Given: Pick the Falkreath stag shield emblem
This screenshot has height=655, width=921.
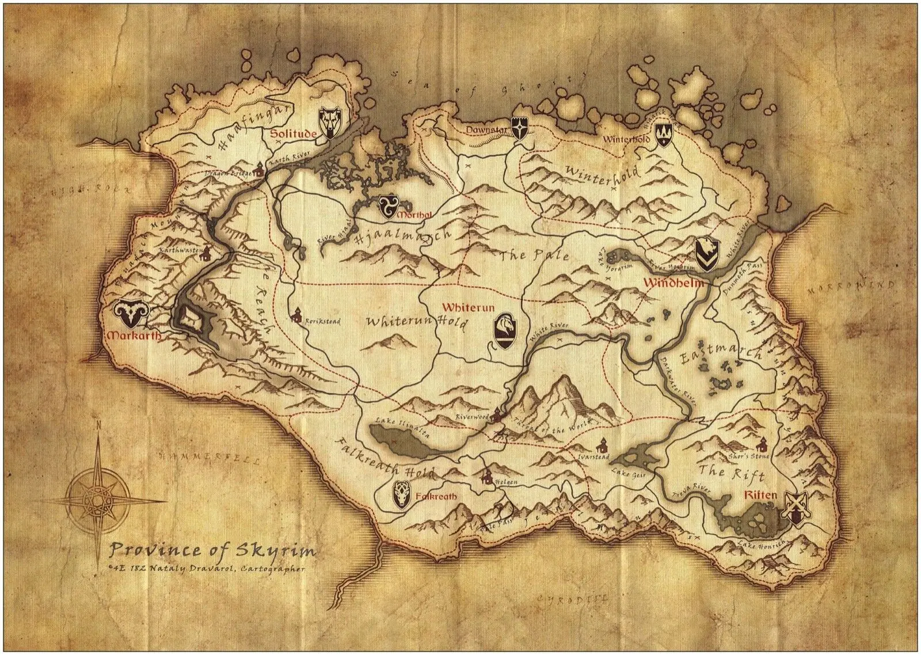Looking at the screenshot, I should [x=401, y=495].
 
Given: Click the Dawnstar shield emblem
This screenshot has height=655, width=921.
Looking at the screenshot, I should [x=521, y=130].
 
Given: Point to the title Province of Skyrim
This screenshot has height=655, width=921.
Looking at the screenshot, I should [x=212, y=550].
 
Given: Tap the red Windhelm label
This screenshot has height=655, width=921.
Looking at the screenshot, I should [x=667, y=283].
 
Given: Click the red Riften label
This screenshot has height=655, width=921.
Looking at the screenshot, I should [x=760, y=495].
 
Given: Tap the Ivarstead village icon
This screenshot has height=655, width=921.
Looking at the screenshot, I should [x=603, y=445].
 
